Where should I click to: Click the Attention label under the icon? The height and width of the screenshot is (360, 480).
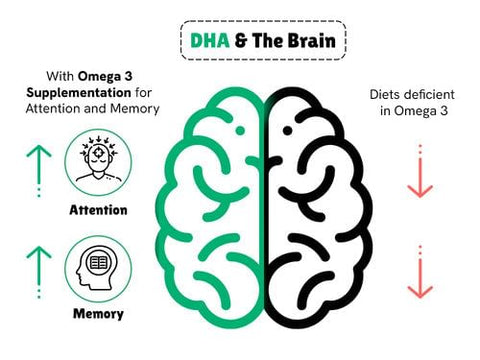click(98, 211)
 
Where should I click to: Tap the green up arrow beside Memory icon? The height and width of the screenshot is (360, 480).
click(37, 270)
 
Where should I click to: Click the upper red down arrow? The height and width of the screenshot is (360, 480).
click(421, 171)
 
